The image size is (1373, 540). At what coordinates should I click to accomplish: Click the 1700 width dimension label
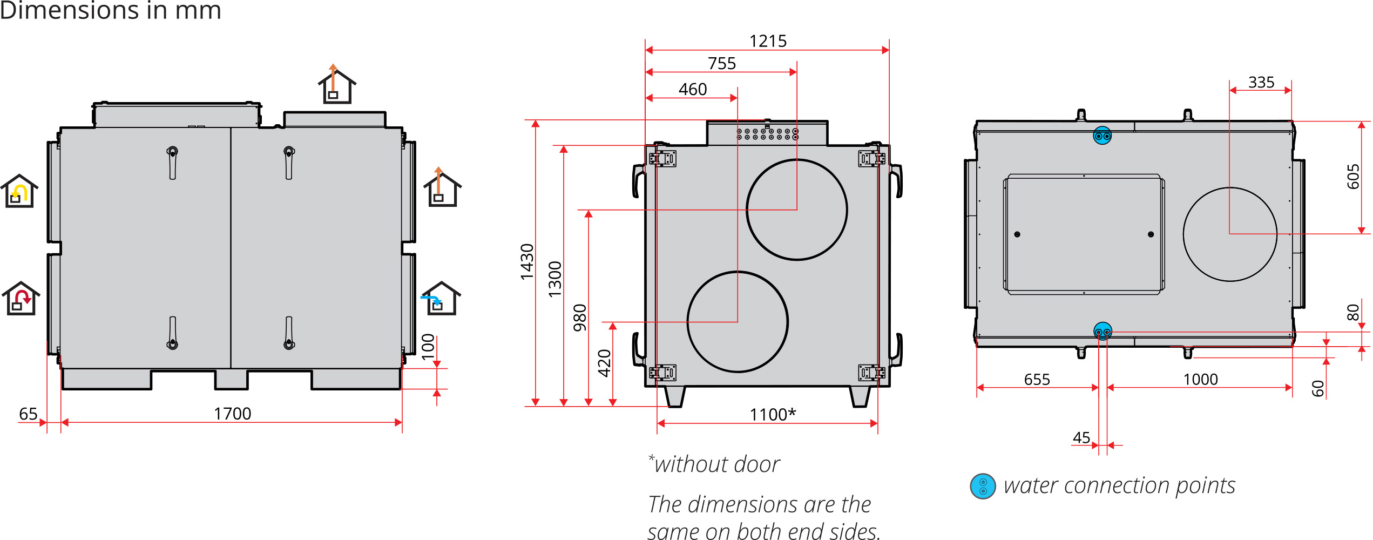tap(232, 414)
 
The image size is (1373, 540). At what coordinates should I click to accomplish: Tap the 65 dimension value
tap(28, 414)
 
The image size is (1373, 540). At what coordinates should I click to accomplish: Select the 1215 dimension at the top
tap(768, 41)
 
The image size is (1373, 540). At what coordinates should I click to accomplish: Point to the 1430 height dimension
tap(527, 262)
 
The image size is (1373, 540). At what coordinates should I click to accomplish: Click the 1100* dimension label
tap(772, 414)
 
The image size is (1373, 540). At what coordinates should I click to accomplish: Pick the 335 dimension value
tap(1261, 82)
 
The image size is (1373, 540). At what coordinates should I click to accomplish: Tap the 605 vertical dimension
tap(1353, 177)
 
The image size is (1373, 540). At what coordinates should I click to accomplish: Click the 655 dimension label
tap(1037, 379)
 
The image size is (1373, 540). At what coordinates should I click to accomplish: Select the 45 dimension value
tap(1081, 437)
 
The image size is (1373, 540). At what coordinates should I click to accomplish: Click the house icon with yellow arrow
tap(19, 191)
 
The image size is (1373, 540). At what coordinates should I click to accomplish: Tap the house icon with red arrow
tap(21, 299)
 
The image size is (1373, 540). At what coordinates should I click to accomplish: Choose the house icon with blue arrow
tap(441, 299)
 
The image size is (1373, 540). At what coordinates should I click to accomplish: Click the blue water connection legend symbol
tap(983, 486)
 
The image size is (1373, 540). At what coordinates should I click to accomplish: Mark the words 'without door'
tap(717, 464)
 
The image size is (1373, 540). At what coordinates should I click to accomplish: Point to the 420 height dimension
tap(605, 363)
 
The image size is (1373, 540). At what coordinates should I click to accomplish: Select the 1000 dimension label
tap(1200, 379)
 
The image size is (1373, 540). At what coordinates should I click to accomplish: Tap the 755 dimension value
tap(722, 63)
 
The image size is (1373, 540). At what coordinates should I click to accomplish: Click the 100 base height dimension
tap(428, 347)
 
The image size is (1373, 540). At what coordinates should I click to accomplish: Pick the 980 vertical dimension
tap(580, 318)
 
